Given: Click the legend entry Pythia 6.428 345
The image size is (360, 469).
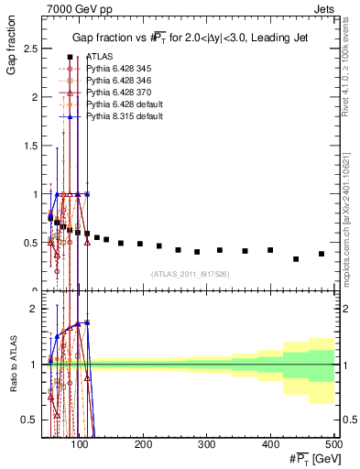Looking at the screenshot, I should pos(120,69).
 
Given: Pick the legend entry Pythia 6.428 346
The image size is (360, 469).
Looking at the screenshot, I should pos(120,81).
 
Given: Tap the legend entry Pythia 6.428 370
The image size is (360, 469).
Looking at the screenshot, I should pos(120,93).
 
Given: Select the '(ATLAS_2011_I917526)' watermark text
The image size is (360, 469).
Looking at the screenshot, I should pos(190,273).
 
